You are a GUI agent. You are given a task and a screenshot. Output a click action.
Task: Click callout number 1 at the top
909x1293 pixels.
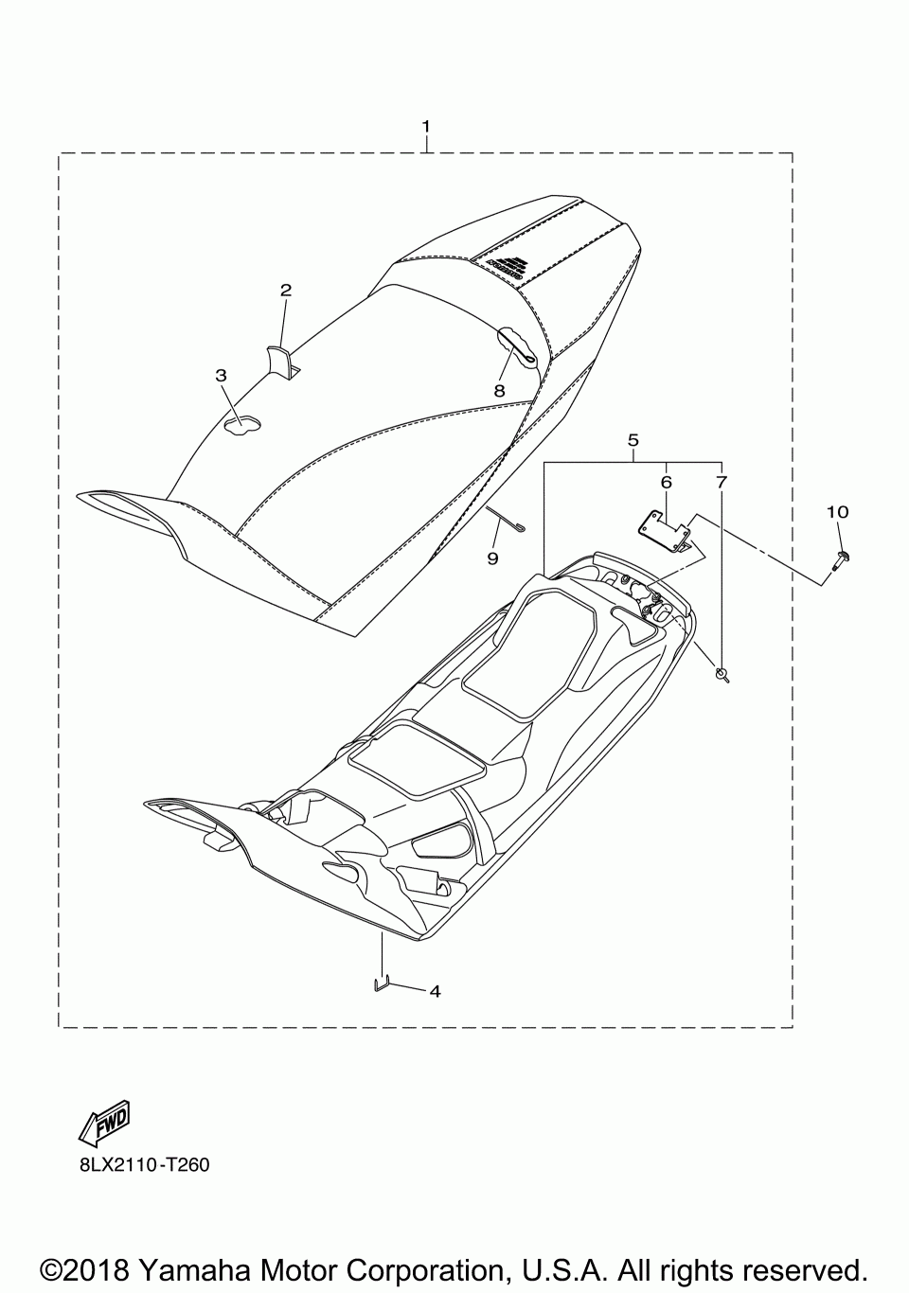[x=426, y=126]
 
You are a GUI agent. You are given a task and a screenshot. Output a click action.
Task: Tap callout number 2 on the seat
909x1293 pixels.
[x=285, y=291]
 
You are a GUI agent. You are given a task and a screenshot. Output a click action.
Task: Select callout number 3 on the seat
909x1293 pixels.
[x=221, y=376]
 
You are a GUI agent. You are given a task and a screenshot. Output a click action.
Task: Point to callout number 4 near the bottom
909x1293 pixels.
[x=435, y=992]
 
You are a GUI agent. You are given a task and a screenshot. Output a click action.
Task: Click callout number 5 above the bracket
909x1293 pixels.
[x=633, y=440]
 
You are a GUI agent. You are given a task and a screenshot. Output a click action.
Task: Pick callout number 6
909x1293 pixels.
[x=666, y=482]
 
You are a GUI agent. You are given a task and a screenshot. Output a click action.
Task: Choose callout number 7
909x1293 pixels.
[x=721, y=482]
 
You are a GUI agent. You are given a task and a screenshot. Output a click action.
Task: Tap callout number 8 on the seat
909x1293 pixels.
[x=498, y=390]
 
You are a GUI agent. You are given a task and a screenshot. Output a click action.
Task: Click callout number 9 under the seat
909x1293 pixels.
[x=492, y=558]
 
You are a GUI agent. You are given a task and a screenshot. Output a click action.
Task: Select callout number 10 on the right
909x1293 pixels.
[x=837, y=512]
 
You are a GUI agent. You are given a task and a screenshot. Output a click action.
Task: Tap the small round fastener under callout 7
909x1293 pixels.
[x=723, y=674]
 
